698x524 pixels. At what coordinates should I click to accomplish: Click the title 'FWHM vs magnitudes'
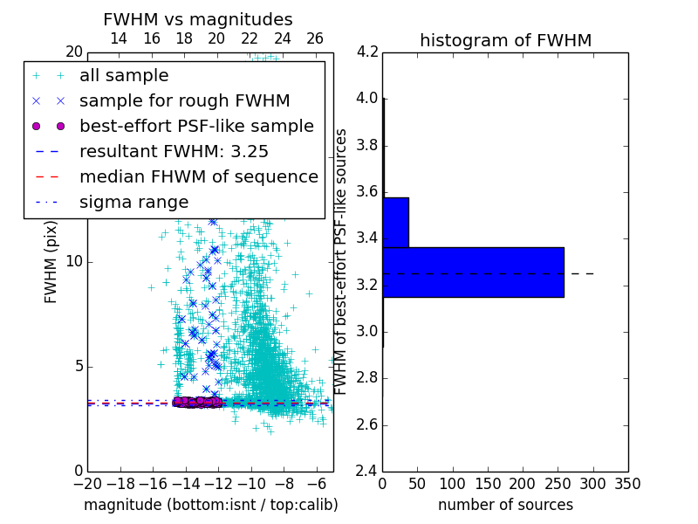[x=197, y=20]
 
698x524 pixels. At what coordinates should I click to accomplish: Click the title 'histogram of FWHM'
[x=505, y=40]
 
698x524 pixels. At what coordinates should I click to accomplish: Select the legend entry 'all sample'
[x=124, y=76]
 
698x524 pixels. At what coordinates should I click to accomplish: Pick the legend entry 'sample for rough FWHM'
[x=184, y=101]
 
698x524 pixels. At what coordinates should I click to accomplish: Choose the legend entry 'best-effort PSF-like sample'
[x=196, y=126]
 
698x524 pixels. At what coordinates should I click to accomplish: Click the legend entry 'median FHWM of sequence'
[x=198, y=176]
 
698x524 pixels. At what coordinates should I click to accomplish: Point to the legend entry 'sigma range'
[x=133, y=202]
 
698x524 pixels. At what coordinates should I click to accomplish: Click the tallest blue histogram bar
[x=473, y=272]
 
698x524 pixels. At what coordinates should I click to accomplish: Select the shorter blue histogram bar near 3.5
[x=395, y=223]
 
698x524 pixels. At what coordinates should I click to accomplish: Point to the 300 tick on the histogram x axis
[x=593, y=483]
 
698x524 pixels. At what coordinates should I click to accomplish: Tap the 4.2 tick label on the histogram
[x=367, y=52]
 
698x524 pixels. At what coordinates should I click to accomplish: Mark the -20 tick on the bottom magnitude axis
[x=87, y=483]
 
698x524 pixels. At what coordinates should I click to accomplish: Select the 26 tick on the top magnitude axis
[x=315, y=38]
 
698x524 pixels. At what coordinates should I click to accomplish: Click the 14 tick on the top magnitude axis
[x=119, y=38]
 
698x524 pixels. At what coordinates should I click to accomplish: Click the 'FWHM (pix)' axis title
[x=51, y=262]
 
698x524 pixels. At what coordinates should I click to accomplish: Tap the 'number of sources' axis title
[x=505, y=505]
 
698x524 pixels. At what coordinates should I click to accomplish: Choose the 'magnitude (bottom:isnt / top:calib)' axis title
[x=210, y=505]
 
